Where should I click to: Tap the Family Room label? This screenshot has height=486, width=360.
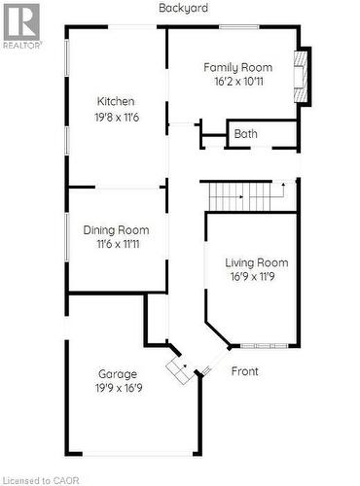pos(237,67)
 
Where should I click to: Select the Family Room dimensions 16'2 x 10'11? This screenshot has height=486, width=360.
pos(237,82)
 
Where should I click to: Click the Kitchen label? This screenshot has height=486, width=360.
pos(115,101)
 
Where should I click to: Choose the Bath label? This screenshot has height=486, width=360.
pos(246,134)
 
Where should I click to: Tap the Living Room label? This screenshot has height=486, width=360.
pos(257,262)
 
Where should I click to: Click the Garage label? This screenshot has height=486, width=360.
pos(118,373)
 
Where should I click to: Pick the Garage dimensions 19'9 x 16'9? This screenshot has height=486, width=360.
pos(118,388)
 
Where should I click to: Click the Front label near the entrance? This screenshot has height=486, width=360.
pos(245,370)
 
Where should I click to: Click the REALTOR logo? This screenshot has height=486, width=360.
pos(20,25)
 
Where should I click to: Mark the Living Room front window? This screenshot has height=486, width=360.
pos(263,346)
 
